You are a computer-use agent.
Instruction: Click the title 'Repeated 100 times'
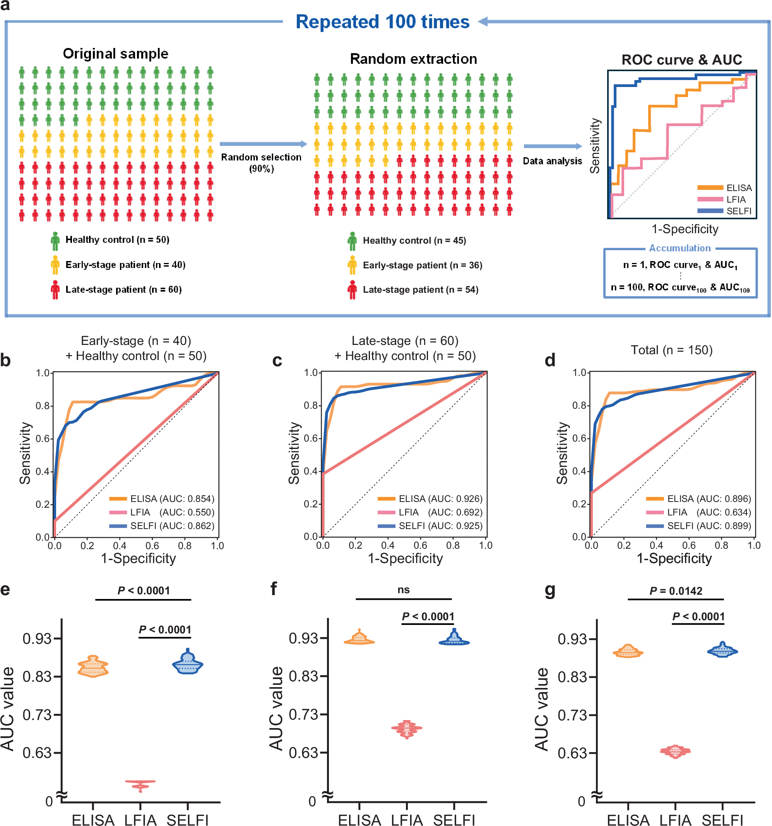pyautogui.click(x=382, y=22)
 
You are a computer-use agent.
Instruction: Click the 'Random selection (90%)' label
pyautogui.click(x=261, y=162)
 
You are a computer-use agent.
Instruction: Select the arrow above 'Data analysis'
pyautogui.click(x=553, y=146)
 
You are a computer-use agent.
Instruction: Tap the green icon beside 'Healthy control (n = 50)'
pyautogui.click(x=55, y=241)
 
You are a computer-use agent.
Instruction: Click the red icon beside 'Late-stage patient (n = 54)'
pyautogui.click(x=352, y=290)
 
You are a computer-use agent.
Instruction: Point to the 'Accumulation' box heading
pyautogui.click(x=680, y=248)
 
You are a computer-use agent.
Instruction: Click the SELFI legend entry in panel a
pyautogui.click(x=726, y=211)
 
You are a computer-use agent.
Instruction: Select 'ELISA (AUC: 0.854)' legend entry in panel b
pyautogui.click(x=162, y=498)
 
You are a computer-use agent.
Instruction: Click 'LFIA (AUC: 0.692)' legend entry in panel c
pyautogui.click(x=431, y=512)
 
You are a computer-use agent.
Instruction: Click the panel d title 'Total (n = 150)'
pyautogui.click(x=671, y=350)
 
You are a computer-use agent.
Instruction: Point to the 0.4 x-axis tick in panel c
pyautogui.click(x=387, y=546)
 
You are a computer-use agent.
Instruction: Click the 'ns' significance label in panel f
pyautogui.click(x=403, y=590)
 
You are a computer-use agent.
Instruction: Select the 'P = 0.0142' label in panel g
pyautogui.click(x=676, y=591)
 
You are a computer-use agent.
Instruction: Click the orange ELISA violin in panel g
pyautogui.click(x=628, y=652)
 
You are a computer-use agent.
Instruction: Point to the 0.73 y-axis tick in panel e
pyautogui.click(x=38, y=715)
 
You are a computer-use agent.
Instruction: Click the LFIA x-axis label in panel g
pyautogui.click(x=675, y=820)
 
